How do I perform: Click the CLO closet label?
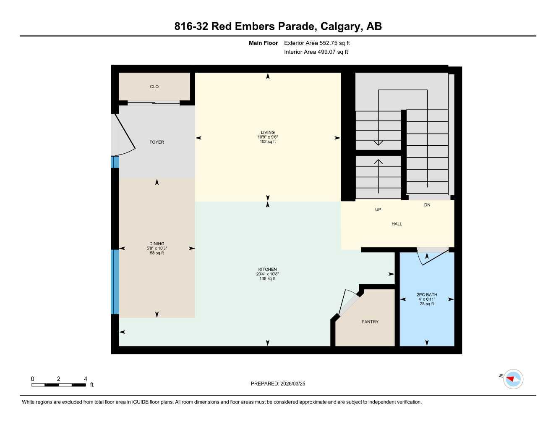point(154,87)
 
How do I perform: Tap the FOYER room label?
point(157,142)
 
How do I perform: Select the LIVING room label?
point(268,133)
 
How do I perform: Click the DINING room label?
point(157,244)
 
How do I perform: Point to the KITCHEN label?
point(267,270)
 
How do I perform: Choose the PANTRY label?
point(370,322)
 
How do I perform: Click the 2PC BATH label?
point(427,295)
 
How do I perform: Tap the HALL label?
point(397,224)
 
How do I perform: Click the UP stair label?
point(378,210)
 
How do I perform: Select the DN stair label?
point(427,205)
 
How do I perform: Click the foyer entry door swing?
point(124,134)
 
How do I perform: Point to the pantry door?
point(348,302)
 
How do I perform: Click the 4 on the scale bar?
point(86,379)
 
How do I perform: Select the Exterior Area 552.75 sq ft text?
point(317,43)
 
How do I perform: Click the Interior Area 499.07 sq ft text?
point(316,52)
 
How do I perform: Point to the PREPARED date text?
point(278,383)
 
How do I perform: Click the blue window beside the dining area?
point(115,282)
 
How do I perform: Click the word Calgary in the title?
point(340,26)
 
